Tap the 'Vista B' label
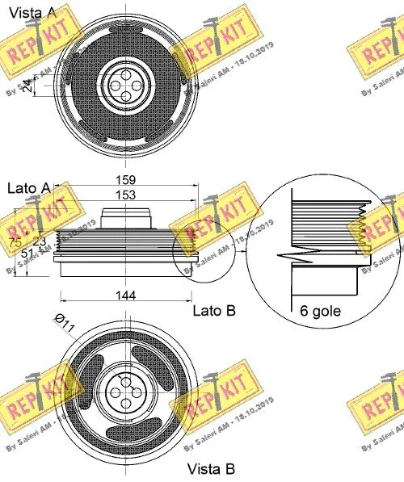point(211,469)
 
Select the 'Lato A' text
point(27,188)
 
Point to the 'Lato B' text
point(213,310)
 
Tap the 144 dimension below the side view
point(124,296)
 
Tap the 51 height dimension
point(27,253)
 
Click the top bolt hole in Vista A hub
point(125,69)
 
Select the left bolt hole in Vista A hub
point(113,82)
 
